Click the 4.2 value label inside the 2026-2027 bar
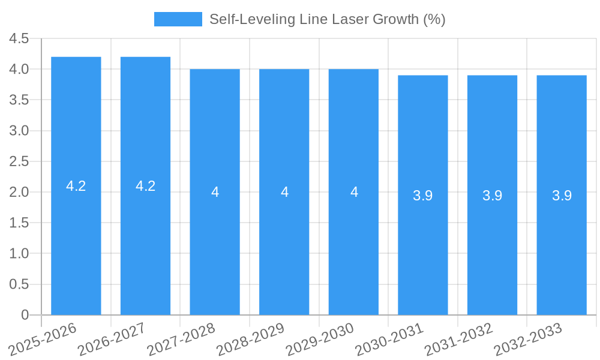146,186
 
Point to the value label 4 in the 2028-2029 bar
284,192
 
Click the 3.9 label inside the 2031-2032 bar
493,196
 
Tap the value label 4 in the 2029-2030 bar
354,192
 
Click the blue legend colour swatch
178,19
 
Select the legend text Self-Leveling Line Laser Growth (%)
327,19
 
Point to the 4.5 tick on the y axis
19,38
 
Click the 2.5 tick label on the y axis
19,161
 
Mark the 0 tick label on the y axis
25,315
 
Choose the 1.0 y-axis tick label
19,254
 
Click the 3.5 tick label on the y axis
19,100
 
